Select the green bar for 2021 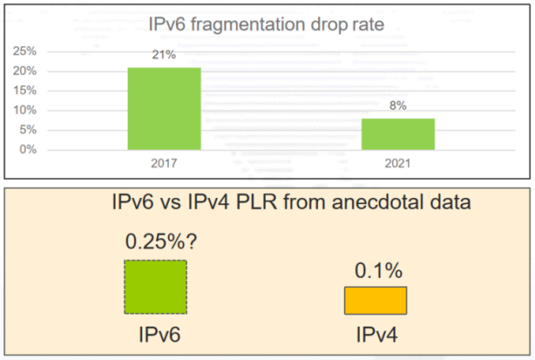pos(398,134)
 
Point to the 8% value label pos(398,106)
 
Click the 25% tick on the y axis pos(25,51)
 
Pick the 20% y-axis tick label pos(25,70)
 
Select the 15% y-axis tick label pos(25,90)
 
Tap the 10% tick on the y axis pos(25,110)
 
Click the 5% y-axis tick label pos(27,129)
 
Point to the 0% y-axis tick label pos(27,149)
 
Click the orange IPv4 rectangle pos(376,300)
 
